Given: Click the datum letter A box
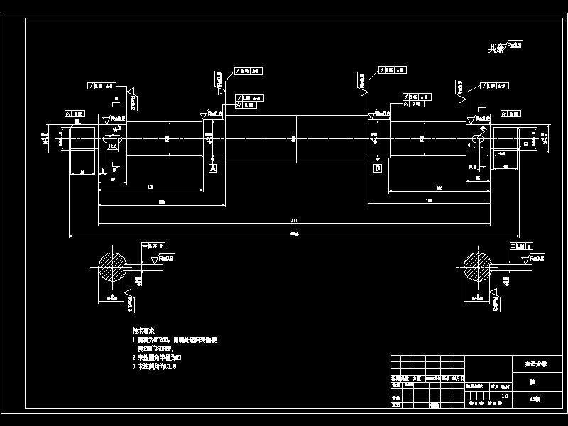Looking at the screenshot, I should [212, 168].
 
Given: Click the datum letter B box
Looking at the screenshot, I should [378, 168].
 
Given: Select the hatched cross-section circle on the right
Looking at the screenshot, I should [477, 267].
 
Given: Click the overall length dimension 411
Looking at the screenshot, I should [294, 221].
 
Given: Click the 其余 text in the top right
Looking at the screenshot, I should [496, 48].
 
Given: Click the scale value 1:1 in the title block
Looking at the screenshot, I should [505, 395].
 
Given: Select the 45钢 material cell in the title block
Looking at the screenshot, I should [534, 399].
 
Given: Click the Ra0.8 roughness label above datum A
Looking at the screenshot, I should [214, 114].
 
